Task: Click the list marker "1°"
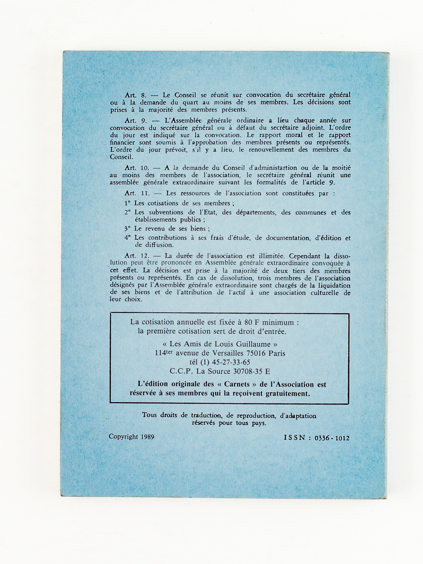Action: (128, 203)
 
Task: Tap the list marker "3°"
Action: (128, 228)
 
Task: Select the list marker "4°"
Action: (128, 238)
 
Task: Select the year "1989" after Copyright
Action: (147, 437)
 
